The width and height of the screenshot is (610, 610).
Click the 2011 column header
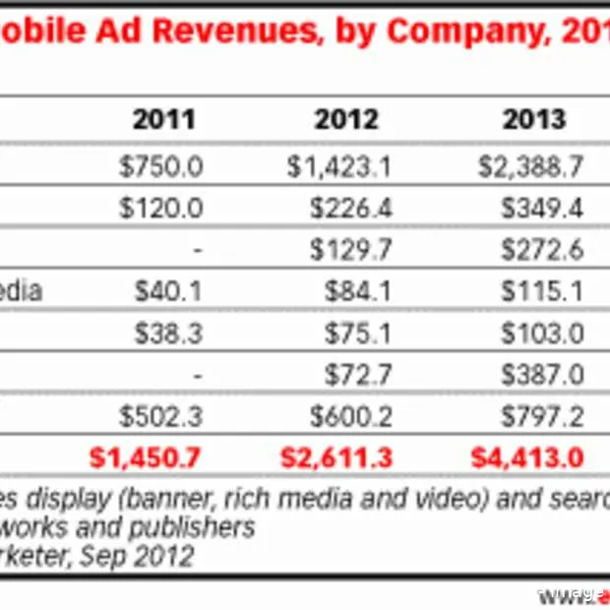coord(163,120)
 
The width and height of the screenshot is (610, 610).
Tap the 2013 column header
coord(534,120)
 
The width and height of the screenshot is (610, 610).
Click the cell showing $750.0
coord(160,166)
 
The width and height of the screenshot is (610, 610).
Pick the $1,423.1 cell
coord(339,166)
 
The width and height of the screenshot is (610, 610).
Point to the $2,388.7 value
coord(531,166)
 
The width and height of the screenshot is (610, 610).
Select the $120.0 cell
coord(160,208)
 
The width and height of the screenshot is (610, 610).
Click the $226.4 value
coord(350,208)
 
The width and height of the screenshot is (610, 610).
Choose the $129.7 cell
coord(350,250)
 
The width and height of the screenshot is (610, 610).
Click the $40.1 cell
coord(169,292)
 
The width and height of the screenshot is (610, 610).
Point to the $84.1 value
coord(358,292)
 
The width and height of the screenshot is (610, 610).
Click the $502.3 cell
coord(160,417)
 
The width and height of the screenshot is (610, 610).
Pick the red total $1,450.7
coord(146,458)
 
